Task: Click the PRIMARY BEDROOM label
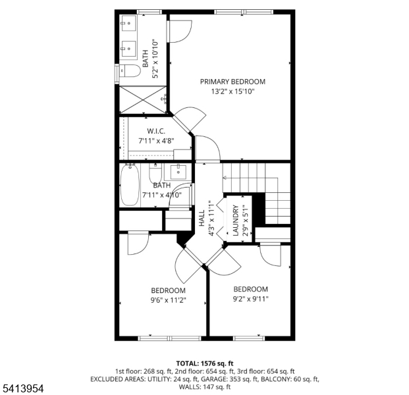tap(232, 82)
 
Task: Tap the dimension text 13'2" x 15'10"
tap(232, 92)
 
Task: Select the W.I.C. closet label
tap(155, 131)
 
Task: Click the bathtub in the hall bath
tap(130, 186)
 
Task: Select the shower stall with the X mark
tap(141, 100)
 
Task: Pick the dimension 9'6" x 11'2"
tap(168, 300)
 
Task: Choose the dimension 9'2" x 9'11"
tap(250, 298)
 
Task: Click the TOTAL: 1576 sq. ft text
tap(205, 363)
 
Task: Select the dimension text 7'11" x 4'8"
tap(155, 141)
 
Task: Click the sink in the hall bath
tap(178, 172)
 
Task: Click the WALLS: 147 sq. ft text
tap(205, 386)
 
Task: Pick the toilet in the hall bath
tap(155, 176)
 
